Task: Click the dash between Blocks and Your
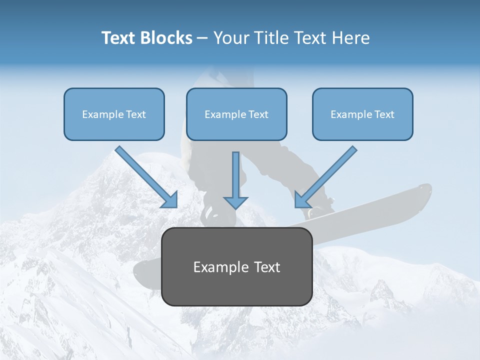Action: [x=202, y=38]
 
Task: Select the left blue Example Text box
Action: [x=114, y=114]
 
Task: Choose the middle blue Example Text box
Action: [x=236, y=114]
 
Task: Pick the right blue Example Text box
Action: [x=362, y=114]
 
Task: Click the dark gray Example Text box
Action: [x=236, y=266]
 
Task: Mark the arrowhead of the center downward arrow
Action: [x=235, y=202]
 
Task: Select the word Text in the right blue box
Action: [x=384, y=114]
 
